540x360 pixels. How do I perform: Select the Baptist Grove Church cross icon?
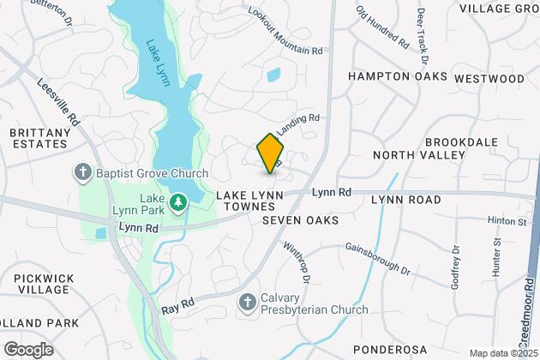click(x=83, y=173)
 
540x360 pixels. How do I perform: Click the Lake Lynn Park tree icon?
click(x=179, y=202)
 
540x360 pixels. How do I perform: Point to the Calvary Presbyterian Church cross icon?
click(x=247, y=302)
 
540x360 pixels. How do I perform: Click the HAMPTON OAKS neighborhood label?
click(x=398, y=76)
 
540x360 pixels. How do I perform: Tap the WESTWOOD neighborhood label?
click(x=489, y=78)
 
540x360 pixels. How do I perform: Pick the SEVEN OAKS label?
click(x=300, y=220)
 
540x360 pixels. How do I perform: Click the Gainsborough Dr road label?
click(x=378, y=256)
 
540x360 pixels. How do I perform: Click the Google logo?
click(x=28, y=349)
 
